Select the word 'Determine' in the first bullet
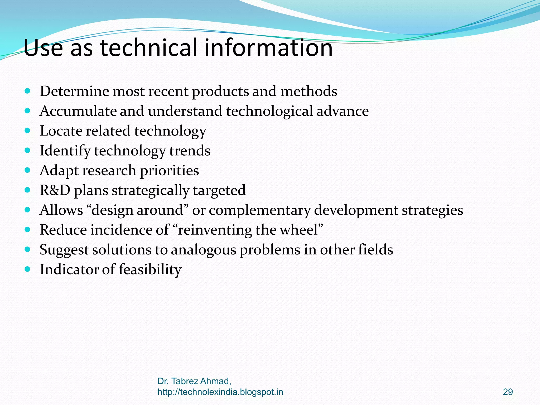click(74, 91)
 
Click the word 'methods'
click(309, 91)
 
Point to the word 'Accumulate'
click(78, 111)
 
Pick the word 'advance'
click(343, 111)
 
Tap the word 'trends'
click(190, 151)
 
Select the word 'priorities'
click(169, 171)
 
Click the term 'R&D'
click(55, 190)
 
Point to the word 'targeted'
click(219, 190)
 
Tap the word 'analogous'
click(204, 250)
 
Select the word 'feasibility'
click(150, 269)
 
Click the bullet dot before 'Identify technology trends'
click(27, 150)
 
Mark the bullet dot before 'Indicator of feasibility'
click(27, 269)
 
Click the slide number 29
click(508, 392)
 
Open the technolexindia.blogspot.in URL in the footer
click(220, 392)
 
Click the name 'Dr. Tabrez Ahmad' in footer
click(194, 381)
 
